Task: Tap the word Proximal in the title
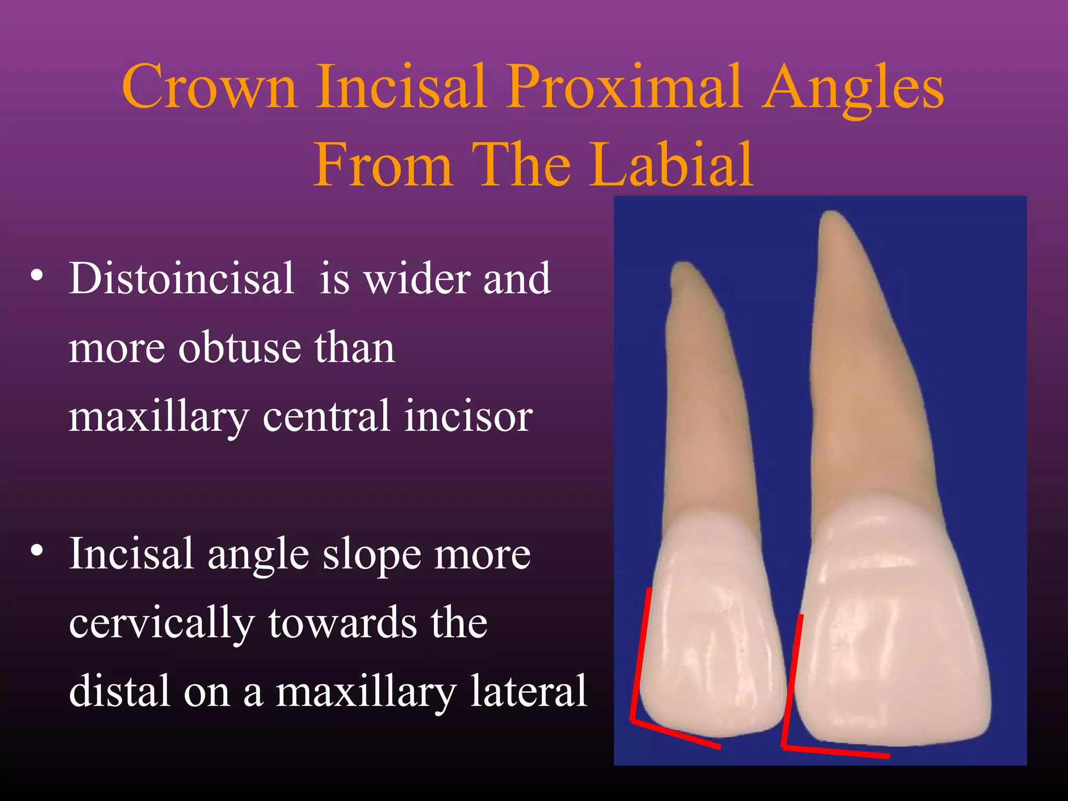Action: (x=624, y=87)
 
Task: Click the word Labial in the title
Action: (x=672, y=165)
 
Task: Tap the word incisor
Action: (x=468, y=416)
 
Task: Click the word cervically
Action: (x=162, y=623)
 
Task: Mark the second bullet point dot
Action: (x=37, y=551)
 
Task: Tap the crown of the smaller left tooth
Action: (x=712, y=636)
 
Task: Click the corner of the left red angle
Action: (x=633, y=721)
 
